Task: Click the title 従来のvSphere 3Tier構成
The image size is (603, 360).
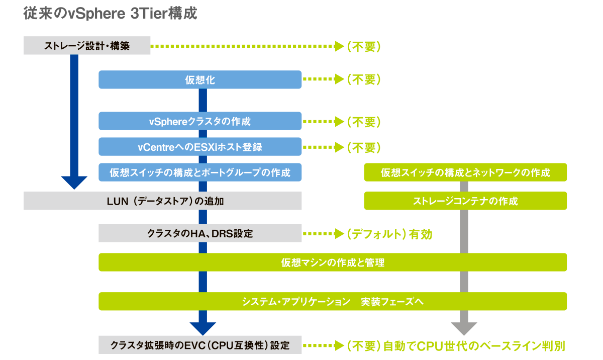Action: pyautogui.click(x=110, y=14)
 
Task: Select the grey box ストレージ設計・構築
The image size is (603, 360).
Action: pyautogui.click(x=87, y=46)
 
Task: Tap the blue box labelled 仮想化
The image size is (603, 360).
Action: pyautogui.click(x=200, y=80)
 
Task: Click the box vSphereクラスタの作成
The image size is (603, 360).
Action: pyautogui.click(x=200, y=121)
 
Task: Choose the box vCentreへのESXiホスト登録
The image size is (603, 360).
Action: pyautogui.click(x=200, y=147)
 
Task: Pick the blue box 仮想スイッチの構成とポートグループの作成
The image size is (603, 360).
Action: pyautogui.click(x=200, y=172)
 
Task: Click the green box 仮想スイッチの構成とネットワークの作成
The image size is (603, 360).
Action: pyautogui.click(x=465, y=172)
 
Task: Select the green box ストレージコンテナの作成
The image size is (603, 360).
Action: pyautogui.click(x=465, y=201)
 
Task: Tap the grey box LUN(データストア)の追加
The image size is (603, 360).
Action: pyautogui.click(x=163, y=201)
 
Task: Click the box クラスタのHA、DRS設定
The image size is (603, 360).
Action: pyautogui.click(x=200, y=233)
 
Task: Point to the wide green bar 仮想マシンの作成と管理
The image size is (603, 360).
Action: pyautogui.click(x=333, y=262)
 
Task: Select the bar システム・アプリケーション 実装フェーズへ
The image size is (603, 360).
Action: pyautogui.click(x=333, y=302)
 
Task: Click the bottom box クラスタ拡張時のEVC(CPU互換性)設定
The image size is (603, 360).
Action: pyautogui.click(x=200, y=345)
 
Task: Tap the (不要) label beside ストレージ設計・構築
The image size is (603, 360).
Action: pyautogui.click(x=363, y=47)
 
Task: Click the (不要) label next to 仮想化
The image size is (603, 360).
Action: pyautogui.click(x=363, y=79)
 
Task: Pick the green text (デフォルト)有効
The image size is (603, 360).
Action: pyautogui.click(x=389, y=234)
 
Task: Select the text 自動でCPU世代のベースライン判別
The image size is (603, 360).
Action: pyautogui.click(x=474, y=346)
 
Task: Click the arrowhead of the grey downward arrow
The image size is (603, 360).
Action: pyautogui.click(x=464, y=329)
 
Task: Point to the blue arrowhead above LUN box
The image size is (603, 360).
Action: pyautogui.click(x=74, y=183)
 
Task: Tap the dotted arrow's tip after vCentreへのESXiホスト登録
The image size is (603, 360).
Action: pyautogui.click(x=339, y=147)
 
